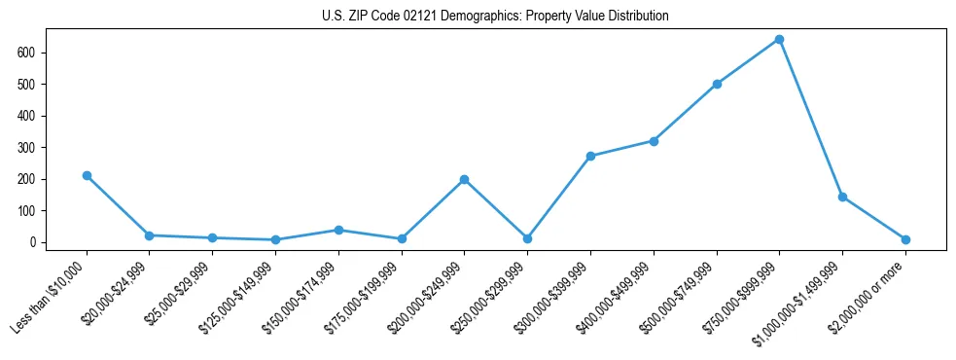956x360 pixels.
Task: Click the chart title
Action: [x=495, y=17]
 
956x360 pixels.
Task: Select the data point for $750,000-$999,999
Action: [x=779, y=40]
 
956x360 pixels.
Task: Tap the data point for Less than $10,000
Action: [x=87, y=175]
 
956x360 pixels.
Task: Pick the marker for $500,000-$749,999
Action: [x=717, y=84]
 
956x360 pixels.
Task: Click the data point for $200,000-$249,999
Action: [x=464, y=179]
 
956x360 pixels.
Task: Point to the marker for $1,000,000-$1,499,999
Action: [x=842, y=197]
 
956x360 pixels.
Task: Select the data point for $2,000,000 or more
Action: [x=905, y=239]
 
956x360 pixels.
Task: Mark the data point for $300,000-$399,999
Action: [x=590, y=156]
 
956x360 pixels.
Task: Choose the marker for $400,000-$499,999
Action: [x=654, y=141]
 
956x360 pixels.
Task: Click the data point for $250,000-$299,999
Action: [x=527, y=238]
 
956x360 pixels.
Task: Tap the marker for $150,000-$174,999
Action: [x=338, y=230]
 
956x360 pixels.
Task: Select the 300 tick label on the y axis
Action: [x=30, y=147]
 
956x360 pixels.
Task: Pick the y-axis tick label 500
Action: [x=30, y=84]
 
